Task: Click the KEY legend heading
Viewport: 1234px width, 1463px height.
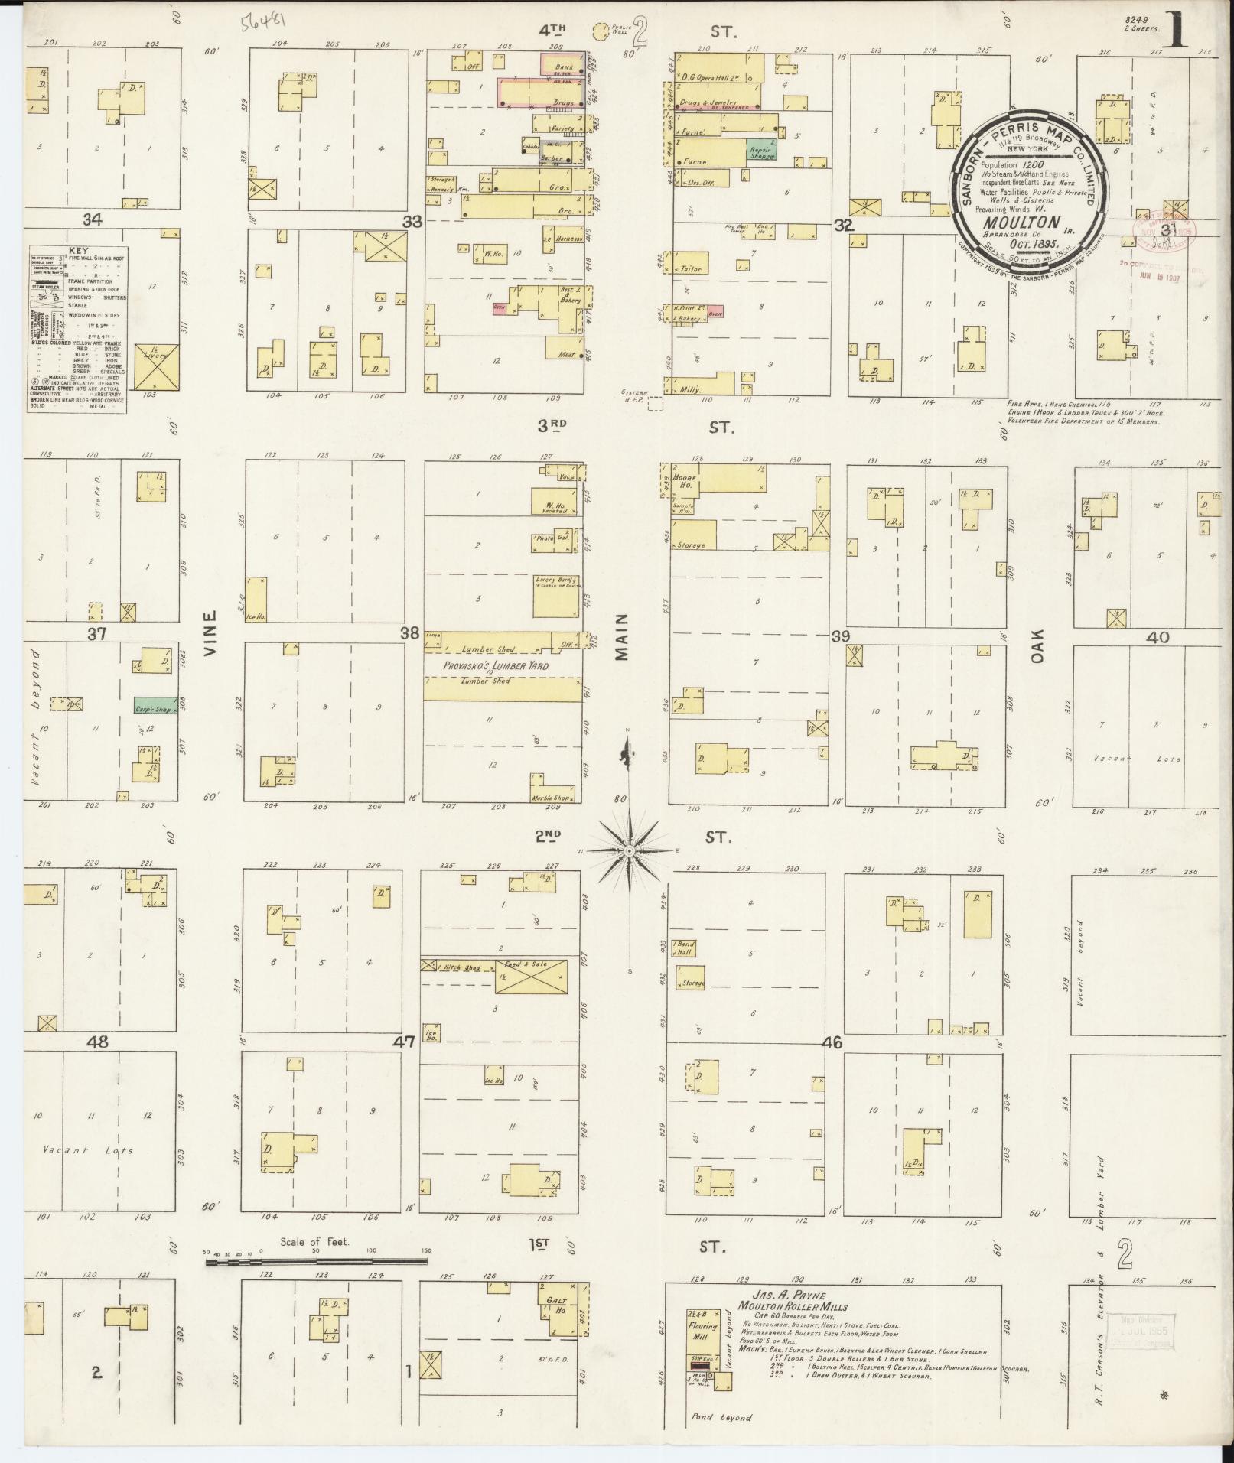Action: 77,250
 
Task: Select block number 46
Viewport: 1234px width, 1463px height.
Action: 832,1042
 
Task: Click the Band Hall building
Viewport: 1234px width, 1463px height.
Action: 683,948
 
